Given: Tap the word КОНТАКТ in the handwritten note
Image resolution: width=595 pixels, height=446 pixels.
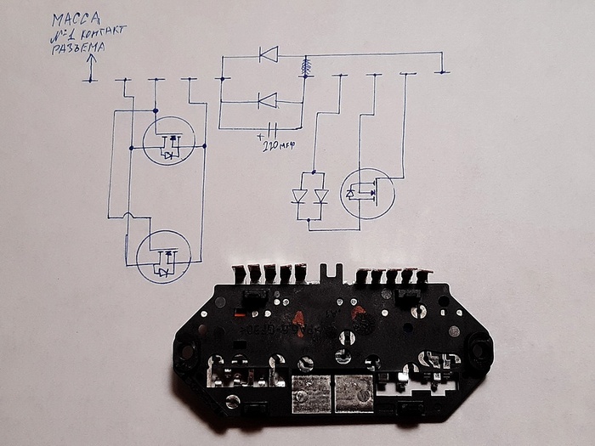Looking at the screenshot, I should tap(103, 32).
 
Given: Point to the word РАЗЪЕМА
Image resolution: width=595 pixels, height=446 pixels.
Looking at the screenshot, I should tap(76, 47).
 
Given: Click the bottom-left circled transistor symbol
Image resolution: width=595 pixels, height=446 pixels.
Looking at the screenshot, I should tap(163, 257).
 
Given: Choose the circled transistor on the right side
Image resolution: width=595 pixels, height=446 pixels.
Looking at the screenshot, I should tap(367, 195).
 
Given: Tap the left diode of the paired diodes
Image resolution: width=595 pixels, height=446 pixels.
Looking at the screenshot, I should tap(300, 196).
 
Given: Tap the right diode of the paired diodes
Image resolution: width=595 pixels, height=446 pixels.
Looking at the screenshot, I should tap(320, 196).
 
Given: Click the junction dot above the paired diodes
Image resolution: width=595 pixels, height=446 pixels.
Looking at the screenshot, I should tap(311, 172).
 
